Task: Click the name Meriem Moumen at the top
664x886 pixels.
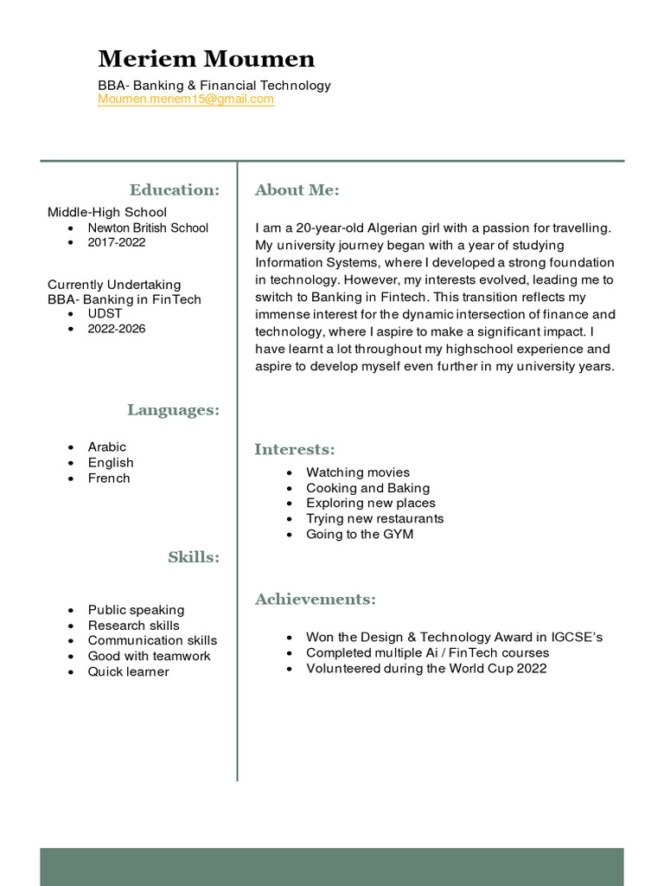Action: [x=207, y=59]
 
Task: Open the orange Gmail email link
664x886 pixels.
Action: [x=186, y=100]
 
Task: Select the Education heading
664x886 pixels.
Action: [x=174, y=189]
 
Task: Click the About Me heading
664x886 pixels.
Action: [x=297, y=189]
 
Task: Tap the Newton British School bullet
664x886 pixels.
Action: [x=148, y=228]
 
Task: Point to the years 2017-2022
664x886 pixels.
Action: [x=117, y=242]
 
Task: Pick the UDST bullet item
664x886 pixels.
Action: [x=105, y=313]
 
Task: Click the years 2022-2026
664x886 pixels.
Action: [x=117, y=329]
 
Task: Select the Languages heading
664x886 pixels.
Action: [x=173, y=409]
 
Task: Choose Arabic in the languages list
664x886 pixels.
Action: [x=106, y=446]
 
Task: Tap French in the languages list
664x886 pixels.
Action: [x=109, y=478]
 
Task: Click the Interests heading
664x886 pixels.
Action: [x=294, y=449]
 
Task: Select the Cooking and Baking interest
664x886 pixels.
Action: [x=367, y=488]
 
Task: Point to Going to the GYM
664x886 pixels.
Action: [x=360, y=534]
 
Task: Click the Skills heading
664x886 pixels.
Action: [x=194, y=557]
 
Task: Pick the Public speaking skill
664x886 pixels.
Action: [x=136, y=610]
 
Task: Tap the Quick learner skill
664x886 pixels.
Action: [x=128, y=671]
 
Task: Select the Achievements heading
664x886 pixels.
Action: [x=315, y=599]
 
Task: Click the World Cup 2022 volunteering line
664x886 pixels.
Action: [x=426, y=668]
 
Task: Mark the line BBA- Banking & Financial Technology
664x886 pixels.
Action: [x=214, y=85]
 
